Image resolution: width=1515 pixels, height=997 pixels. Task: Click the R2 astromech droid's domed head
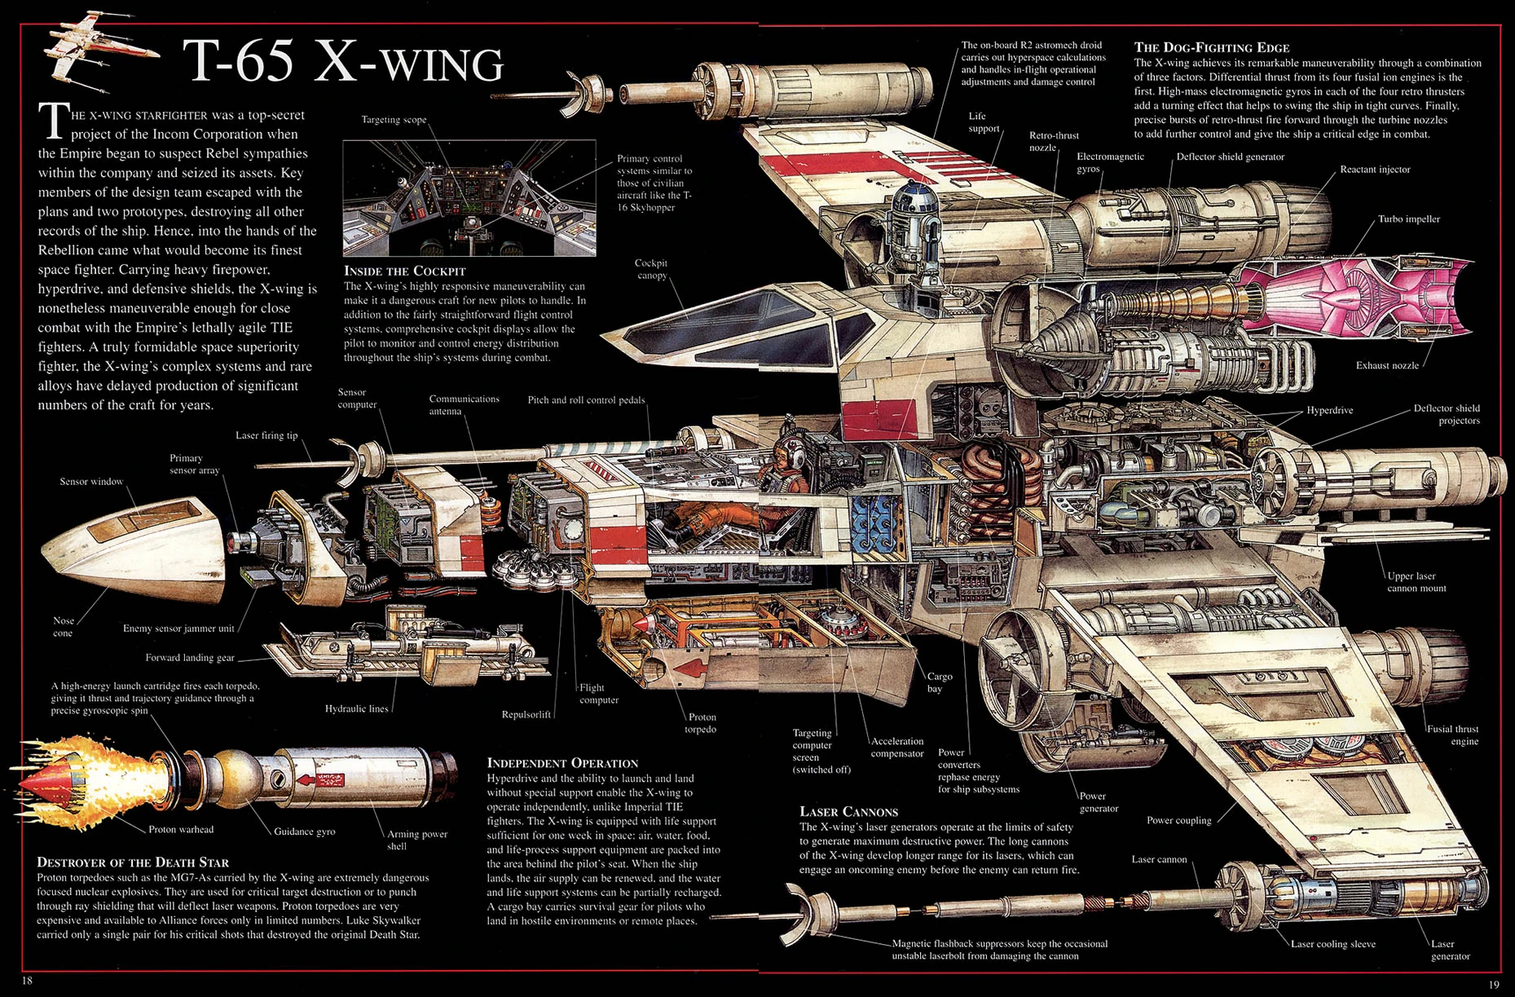[x=912, y=196]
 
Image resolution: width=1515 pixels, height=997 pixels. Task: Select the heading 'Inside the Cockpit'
[x=404, y=271]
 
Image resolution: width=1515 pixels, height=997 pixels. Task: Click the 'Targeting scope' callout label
[x=394, y=120]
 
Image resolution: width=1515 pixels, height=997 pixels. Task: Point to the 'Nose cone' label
[x=63, y=627]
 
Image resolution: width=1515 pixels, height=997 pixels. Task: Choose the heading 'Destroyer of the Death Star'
[x=133, y=862]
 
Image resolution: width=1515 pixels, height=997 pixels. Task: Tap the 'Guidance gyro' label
[x=304, y=832]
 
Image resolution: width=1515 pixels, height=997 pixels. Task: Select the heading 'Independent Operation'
[x=562, y=763]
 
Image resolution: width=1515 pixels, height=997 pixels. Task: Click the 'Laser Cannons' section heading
[x=848, y=812]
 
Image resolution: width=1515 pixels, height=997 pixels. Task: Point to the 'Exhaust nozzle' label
[x=1387, y=365]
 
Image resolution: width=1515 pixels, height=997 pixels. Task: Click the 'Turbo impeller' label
[x=1408, y=219]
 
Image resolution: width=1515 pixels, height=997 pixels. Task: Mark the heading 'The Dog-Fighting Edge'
[x=1211, y=47]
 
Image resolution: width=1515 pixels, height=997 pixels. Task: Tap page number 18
[x=27, y=981]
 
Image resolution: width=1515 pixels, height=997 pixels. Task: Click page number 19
[x=1493, y=984]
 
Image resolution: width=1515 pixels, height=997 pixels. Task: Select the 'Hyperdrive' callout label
[x=1329, y=410]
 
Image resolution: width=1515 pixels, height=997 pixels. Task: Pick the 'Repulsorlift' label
[x=526, y=715]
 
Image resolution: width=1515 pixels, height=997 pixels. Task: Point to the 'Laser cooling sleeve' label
[x=1332, y=944]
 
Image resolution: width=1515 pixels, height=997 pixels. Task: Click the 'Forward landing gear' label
[x=190, y=658]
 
